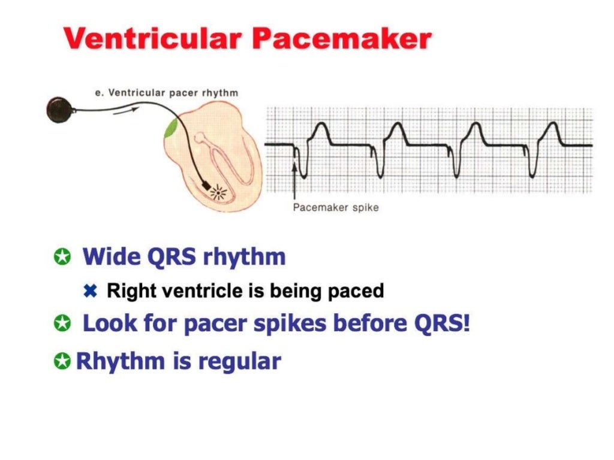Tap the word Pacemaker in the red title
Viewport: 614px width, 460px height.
point(341,40)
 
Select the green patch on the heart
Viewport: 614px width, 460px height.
point(171,127)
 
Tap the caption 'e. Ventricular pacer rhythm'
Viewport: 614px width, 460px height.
point(167,93)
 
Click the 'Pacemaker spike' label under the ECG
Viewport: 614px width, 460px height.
point(335,208)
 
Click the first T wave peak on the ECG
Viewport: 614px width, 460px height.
point(321,125)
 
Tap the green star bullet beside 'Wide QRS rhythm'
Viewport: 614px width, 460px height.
point(62,258)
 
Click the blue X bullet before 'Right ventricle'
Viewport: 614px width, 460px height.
point(91,291)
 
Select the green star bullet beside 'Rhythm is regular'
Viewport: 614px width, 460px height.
point(62,362)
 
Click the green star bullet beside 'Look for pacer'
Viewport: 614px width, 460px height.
point(62,324)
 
